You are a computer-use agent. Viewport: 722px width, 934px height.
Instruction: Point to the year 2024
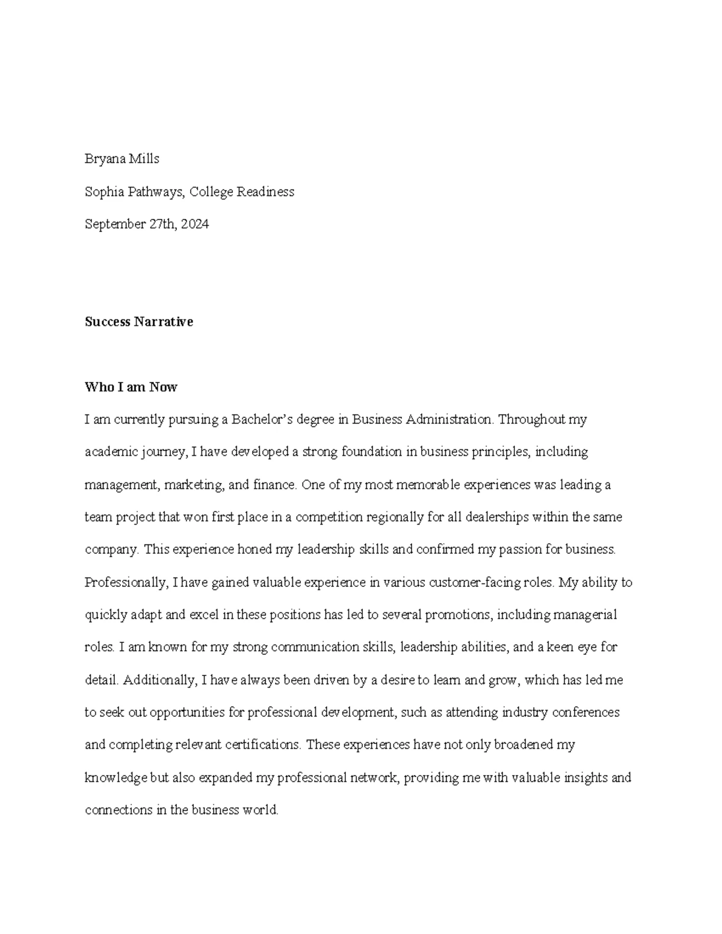[194, 224]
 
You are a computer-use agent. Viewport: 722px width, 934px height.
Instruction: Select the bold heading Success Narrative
[139, 322]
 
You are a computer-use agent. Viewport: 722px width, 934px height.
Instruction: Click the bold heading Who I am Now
[131, 387]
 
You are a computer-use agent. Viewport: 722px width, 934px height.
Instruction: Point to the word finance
[274, 485]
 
